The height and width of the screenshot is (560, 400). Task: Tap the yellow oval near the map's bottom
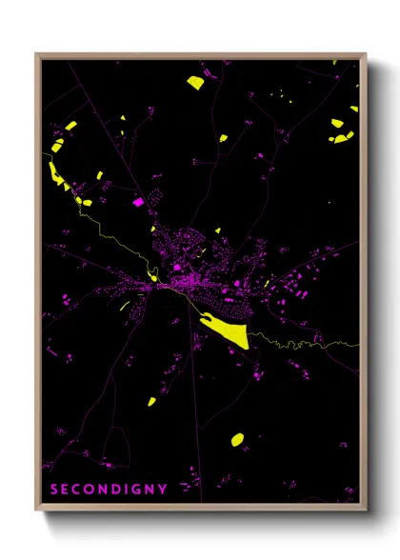(237, 439)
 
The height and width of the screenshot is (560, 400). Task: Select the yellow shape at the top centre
(195, 81)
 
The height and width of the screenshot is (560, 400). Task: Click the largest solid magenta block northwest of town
(138, 202)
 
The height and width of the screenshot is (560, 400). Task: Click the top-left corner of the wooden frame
(37, 54)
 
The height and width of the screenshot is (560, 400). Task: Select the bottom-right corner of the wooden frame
(365, 508)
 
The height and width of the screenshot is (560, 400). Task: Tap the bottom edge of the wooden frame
(200, 507)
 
